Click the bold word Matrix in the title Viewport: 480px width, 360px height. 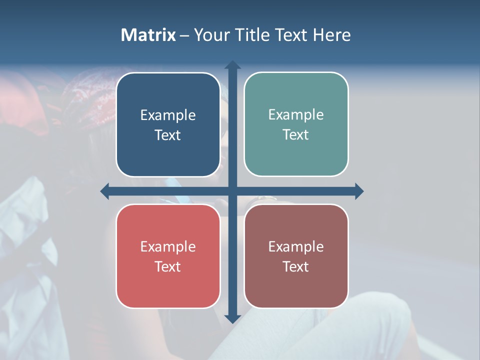148,35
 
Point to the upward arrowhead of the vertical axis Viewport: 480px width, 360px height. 232,65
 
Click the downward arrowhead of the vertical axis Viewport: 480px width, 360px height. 232,318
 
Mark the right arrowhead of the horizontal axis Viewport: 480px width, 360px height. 359,191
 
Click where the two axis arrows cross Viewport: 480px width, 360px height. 232,191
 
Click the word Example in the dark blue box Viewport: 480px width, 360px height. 168,115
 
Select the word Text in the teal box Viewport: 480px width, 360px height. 296,135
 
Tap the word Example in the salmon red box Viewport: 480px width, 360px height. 168,246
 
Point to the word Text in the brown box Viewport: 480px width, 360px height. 296,266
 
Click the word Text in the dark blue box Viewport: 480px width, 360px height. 168,135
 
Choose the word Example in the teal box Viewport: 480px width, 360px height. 296,115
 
